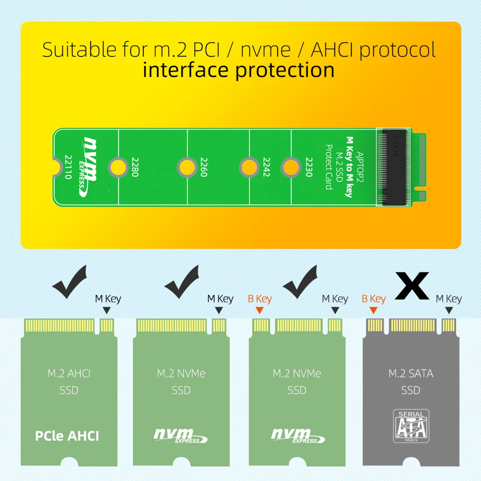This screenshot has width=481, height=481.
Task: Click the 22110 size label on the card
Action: [68, 167]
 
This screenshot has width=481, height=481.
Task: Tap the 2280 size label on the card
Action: [135, 167]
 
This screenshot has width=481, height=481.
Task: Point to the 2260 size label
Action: [204, 167]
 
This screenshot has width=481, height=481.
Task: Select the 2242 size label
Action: [266, 167]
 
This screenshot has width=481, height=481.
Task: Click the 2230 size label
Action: [309, 167]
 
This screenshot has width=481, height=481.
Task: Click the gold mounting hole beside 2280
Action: [118, 167]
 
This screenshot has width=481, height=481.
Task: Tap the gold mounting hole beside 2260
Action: [187, 167]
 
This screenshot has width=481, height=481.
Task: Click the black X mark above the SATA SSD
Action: [411, 286]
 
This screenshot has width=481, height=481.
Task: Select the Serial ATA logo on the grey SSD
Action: [411, 426]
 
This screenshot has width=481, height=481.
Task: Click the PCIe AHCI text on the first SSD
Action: [67, 436]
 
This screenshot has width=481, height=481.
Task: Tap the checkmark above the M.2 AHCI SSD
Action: [70, 282]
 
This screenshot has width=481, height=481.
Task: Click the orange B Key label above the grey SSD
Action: [373, 299]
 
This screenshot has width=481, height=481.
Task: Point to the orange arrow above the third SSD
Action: [259, 310]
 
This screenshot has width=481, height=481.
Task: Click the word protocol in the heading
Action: [397, 50]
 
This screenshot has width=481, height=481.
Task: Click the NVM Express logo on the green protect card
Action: [89, 166]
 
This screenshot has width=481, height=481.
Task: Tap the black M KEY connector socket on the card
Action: [394, 167]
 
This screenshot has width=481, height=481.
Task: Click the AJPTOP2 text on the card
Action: [360, 167]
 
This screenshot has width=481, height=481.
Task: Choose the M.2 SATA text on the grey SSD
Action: [411, 373]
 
